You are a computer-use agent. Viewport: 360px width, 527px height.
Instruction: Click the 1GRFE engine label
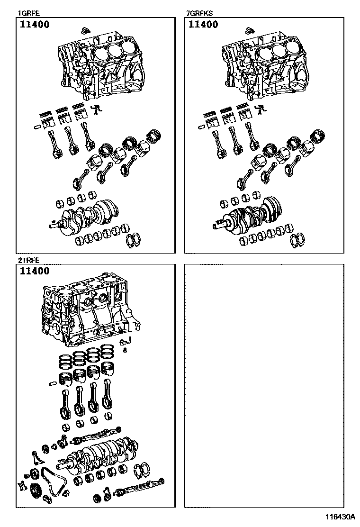click(x=28, y=13)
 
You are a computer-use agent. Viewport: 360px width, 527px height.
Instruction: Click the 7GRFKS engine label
click(x=199, y=13)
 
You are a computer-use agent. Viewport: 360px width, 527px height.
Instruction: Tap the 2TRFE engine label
click(x=28, y=260)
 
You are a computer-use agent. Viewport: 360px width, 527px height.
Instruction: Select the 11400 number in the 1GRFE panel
click(x=35, y=24)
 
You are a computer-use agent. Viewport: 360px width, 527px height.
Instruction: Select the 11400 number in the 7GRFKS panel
click(x=203, y=24)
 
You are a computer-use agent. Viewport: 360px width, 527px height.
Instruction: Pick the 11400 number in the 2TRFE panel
click(x=35, y=271)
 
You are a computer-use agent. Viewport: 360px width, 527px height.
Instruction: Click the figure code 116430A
click(x=340, y=516)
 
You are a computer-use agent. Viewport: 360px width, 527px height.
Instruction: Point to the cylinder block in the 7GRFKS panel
click(x=266, y=65)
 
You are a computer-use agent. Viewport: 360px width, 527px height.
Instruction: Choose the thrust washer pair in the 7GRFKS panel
click(x=297, y=239)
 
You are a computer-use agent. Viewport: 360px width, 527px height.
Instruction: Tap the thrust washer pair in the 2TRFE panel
click(x=143, y=469)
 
